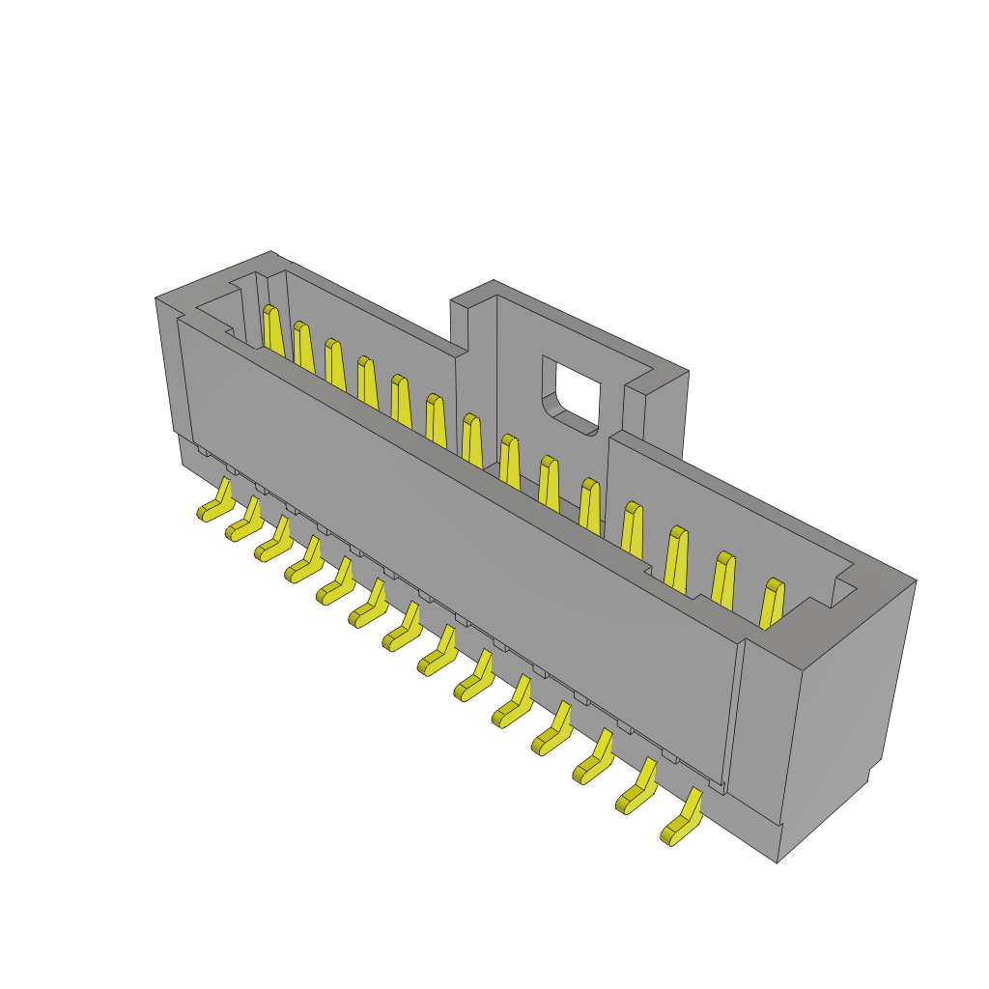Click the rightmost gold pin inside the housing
[x=773, y=604]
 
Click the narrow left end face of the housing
[x=168, y=367]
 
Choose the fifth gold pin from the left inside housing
[x=400, y=400]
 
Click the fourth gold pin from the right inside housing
[x=632, y=531]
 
